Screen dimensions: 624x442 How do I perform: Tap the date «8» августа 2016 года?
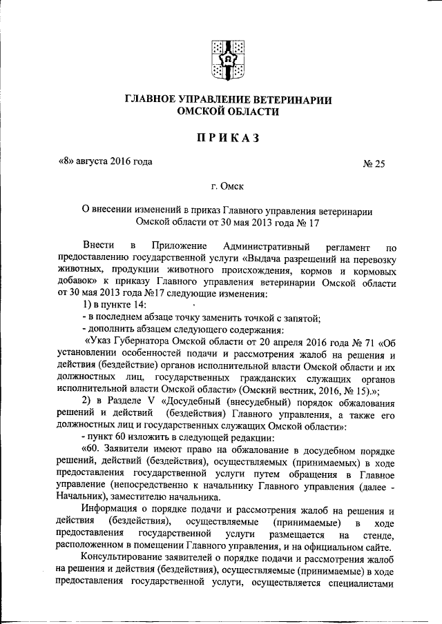tap(102, 162)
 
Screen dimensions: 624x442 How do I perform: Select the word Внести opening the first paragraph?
tap(97, 246)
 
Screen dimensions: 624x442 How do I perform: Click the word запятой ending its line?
tap(303, 318)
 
